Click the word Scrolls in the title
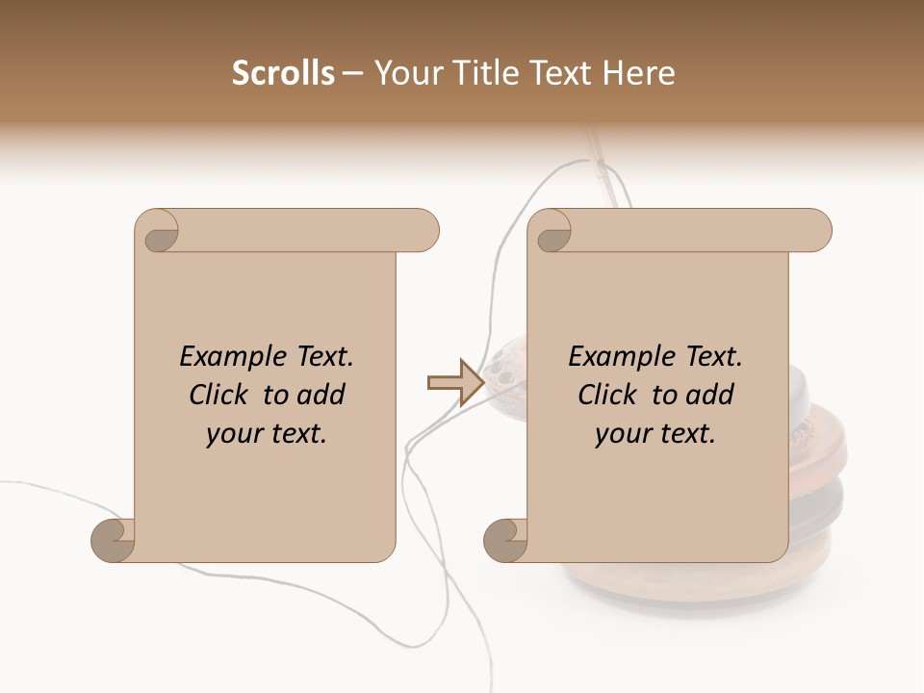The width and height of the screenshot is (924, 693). point(283,73)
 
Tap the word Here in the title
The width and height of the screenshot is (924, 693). point(638,73)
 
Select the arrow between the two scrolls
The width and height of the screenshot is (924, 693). point(455,383)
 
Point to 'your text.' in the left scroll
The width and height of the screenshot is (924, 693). point(267,434)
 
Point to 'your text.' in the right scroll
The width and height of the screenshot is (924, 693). point(655,434)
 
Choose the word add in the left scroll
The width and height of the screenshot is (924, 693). point(321,395)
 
